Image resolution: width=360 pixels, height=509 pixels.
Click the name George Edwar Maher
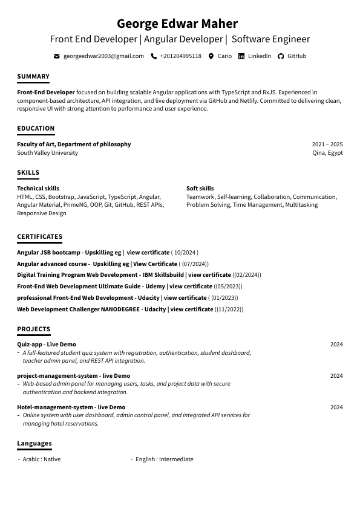click(x=177, y=24)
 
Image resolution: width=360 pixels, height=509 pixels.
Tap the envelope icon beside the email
click(x=57, y=56)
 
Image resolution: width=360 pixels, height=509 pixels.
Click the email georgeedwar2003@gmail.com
click(x=103, y=56)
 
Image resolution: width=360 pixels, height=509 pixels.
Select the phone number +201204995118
click(x=180, y=56)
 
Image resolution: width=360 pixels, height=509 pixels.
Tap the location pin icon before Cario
click(x=211, y=56)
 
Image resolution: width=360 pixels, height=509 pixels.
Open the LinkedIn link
click(x=259, y=56)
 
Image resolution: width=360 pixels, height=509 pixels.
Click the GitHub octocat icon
click(x=281, y=56)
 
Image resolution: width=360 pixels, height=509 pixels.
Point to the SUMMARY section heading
click(x=33, y=77)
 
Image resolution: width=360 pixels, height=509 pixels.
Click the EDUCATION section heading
click(x=36, y=129)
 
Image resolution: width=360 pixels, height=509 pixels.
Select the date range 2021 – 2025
click(x=327, y=144)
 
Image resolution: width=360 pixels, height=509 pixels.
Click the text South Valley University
click(x=47, y=153)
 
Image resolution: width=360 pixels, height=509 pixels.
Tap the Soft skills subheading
click(x=200, y=189)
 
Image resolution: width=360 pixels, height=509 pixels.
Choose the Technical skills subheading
click(x=38, y=189)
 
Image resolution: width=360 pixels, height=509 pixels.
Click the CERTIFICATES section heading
click(x=39, y=237)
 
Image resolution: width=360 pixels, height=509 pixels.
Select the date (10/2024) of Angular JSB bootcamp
click(x=185, y=253)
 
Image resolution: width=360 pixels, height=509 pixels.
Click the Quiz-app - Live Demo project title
click(x=47, y=345)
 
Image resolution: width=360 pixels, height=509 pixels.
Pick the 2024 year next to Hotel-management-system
click(x=336, y=407)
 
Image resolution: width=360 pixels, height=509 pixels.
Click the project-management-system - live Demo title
click(x=73, y=376)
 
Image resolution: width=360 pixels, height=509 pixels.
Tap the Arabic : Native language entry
click(x=41, y=459)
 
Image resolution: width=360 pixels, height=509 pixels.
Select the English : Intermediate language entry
click(x=164, y=459)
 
